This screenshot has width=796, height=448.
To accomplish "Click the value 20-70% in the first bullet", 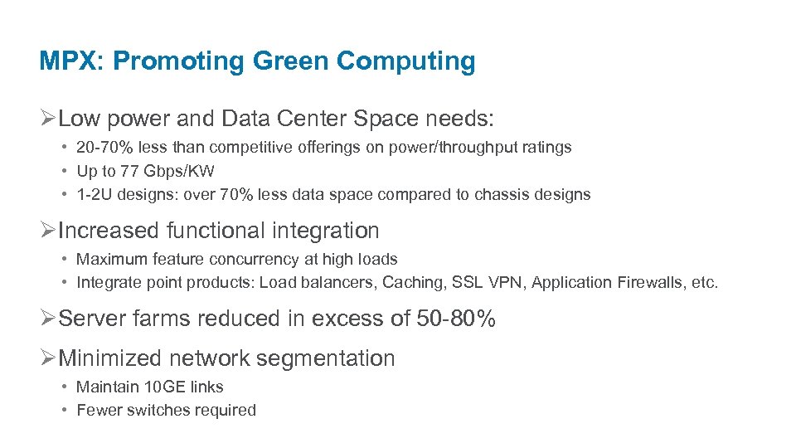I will tap(105, 148).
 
